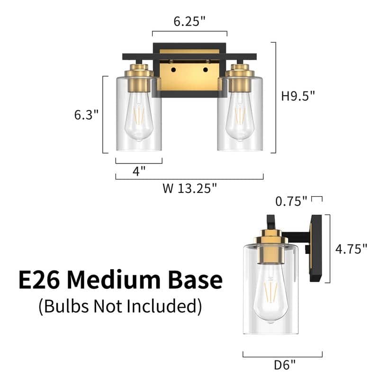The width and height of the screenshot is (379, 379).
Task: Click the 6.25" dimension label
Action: tap(189, 21)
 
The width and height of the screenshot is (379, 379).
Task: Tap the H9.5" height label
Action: tap(298, 96)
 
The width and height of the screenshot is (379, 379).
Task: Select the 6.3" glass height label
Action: tap(86, 115)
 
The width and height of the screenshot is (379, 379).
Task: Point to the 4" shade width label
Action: tap(139, 171)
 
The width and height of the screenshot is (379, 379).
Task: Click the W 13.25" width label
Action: tap(189, 189)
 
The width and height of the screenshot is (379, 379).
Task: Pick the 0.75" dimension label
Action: tap(291, 201)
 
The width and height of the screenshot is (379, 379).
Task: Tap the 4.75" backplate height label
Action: tap(351, 248)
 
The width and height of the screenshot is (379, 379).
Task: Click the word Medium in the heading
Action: tap(119, 280)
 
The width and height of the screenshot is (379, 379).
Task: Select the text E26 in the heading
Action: tap(39, 280)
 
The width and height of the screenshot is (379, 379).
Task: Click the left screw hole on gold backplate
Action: tap(173, 70)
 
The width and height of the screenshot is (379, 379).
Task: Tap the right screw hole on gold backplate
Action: tap(206, 70)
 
